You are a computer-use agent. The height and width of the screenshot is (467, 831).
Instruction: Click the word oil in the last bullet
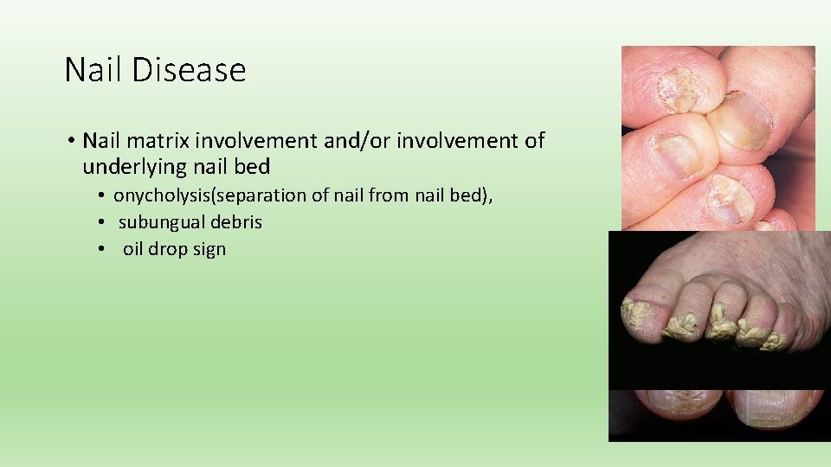tap(134, 249)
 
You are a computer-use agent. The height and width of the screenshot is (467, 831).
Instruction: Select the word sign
tap(210, 249)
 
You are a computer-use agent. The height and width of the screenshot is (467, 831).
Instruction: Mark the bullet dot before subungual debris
tap(100, 222)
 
